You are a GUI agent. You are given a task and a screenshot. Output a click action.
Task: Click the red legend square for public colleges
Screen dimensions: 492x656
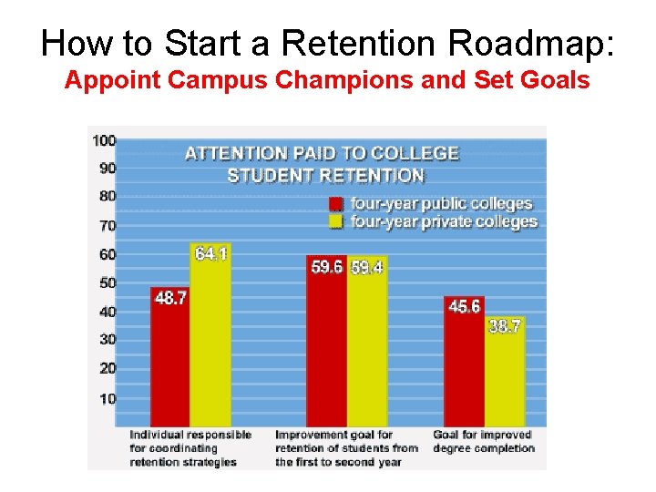pyautogui.click(x=335, y=204)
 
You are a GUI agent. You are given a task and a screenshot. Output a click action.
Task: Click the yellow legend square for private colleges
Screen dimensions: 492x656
pyautogui.click(x=335, y=221)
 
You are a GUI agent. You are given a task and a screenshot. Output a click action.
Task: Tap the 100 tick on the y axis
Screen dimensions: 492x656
pyautogui.click(x=104, y=139)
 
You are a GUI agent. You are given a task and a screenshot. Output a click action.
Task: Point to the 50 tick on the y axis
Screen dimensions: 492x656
pyautogui.click(x=107, y=282)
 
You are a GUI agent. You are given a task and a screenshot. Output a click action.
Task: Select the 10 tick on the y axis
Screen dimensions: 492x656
pyautogui.click(x=107, y=398)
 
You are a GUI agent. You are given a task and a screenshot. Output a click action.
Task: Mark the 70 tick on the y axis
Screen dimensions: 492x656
pyautogui.click(x=107, y=225)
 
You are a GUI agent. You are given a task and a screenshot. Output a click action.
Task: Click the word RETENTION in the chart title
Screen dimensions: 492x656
pyautogui.click(x=375, y=175)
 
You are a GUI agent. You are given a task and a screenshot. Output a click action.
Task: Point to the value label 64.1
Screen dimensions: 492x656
pyautogui.click(x=210, y=253)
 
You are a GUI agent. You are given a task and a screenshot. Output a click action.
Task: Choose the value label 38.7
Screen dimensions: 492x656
pyautogui.click(x=504, y=326)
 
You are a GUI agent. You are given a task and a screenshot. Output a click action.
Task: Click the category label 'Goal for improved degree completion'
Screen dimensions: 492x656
pyautogui.click(x=484, y=441)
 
